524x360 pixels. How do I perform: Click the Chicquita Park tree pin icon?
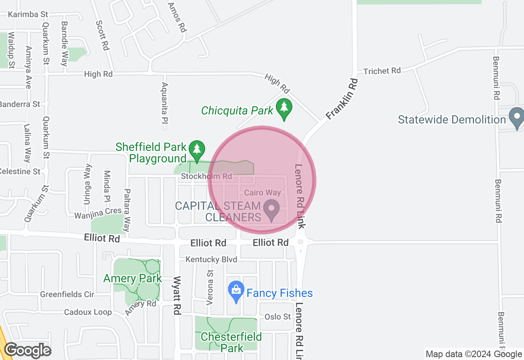point(284,108)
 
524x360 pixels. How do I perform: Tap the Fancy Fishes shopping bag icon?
point(236,291)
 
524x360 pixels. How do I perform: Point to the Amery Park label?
point(132,279)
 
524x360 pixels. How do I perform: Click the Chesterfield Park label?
point(231,342)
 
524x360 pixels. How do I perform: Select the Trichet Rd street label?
point(382,71)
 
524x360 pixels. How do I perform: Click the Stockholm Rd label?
point(206,176)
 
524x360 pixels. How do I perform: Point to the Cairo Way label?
point(262,192)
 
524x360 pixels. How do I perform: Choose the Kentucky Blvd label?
point(211,259)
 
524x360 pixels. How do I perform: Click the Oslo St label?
point(278,317)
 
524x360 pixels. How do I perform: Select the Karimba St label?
point(28,14)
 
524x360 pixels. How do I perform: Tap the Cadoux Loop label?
point(88,312)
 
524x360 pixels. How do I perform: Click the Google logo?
point(27,350)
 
